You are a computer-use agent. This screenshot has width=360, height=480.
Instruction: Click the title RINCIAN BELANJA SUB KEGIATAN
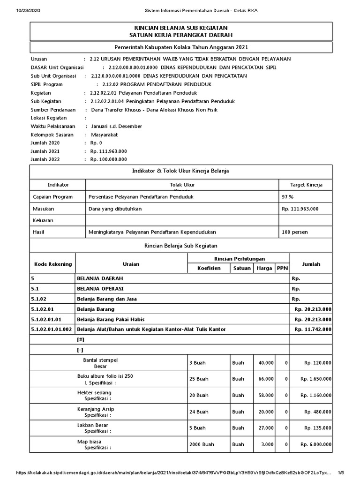pos(180,29)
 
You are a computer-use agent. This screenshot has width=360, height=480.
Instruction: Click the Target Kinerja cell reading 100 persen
pos(295,232)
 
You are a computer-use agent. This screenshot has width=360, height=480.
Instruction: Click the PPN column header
pos(282,269)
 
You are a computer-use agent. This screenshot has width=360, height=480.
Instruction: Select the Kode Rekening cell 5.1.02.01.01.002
pos(51,330)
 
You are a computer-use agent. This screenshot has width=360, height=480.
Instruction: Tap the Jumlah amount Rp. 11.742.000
pos(313,330)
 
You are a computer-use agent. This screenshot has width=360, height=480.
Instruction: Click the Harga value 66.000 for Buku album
pos(266,379)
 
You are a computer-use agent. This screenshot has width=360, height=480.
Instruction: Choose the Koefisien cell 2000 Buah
pos(199,444)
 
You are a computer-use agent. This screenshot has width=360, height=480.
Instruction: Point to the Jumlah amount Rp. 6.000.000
pos(315,444)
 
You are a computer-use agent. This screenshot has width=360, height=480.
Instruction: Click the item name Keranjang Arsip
pos(96,409)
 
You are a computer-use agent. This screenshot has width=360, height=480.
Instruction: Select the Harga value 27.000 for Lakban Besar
pos(266,428)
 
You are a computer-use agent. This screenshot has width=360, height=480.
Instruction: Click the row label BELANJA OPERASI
pos(100,288)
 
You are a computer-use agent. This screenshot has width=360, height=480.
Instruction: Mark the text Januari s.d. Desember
pos(117,126)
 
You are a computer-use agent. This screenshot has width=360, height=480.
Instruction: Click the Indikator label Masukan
pos(44,209)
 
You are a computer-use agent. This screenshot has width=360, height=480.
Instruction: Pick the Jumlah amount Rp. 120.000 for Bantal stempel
pos(317,362)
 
